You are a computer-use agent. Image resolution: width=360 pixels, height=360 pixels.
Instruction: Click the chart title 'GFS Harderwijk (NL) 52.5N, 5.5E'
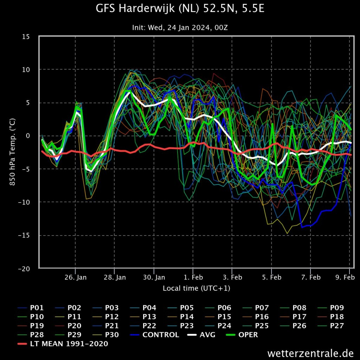tap(180, 8)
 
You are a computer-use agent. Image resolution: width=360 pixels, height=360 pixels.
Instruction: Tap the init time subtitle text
tap(180, 27)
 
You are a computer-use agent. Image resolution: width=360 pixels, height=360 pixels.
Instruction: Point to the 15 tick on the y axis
tap(26, 37)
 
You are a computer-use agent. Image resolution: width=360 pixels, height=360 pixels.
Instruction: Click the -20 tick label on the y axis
tap(24, 269)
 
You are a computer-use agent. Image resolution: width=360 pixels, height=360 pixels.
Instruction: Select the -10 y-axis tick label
tap(24, 202)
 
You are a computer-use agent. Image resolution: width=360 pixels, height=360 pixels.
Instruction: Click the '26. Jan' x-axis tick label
tap(76, 277)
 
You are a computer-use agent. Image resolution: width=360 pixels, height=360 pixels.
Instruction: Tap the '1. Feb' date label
tap(193, 277)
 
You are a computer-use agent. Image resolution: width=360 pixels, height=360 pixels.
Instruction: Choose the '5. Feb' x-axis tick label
tap(272, 277)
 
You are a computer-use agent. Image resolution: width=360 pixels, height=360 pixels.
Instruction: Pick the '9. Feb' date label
tap(345, 277)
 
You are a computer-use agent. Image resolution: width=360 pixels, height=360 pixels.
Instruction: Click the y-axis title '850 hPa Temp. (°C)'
tap(12, 152)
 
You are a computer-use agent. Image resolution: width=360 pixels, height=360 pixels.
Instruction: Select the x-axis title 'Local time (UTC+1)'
tap(197, 288)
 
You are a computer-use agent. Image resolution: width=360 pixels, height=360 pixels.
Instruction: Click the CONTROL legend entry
tap(154, 335)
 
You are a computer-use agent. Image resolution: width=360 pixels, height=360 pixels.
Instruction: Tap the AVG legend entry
tap(201, 335)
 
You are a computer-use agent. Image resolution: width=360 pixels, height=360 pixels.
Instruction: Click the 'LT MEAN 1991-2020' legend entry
tap(63, 344)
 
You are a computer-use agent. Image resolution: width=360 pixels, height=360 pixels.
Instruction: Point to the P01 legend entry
tap(31, 308)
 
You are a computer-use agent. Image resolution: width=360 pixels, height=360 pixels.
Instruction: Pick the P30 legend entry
tap(105, 335)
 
